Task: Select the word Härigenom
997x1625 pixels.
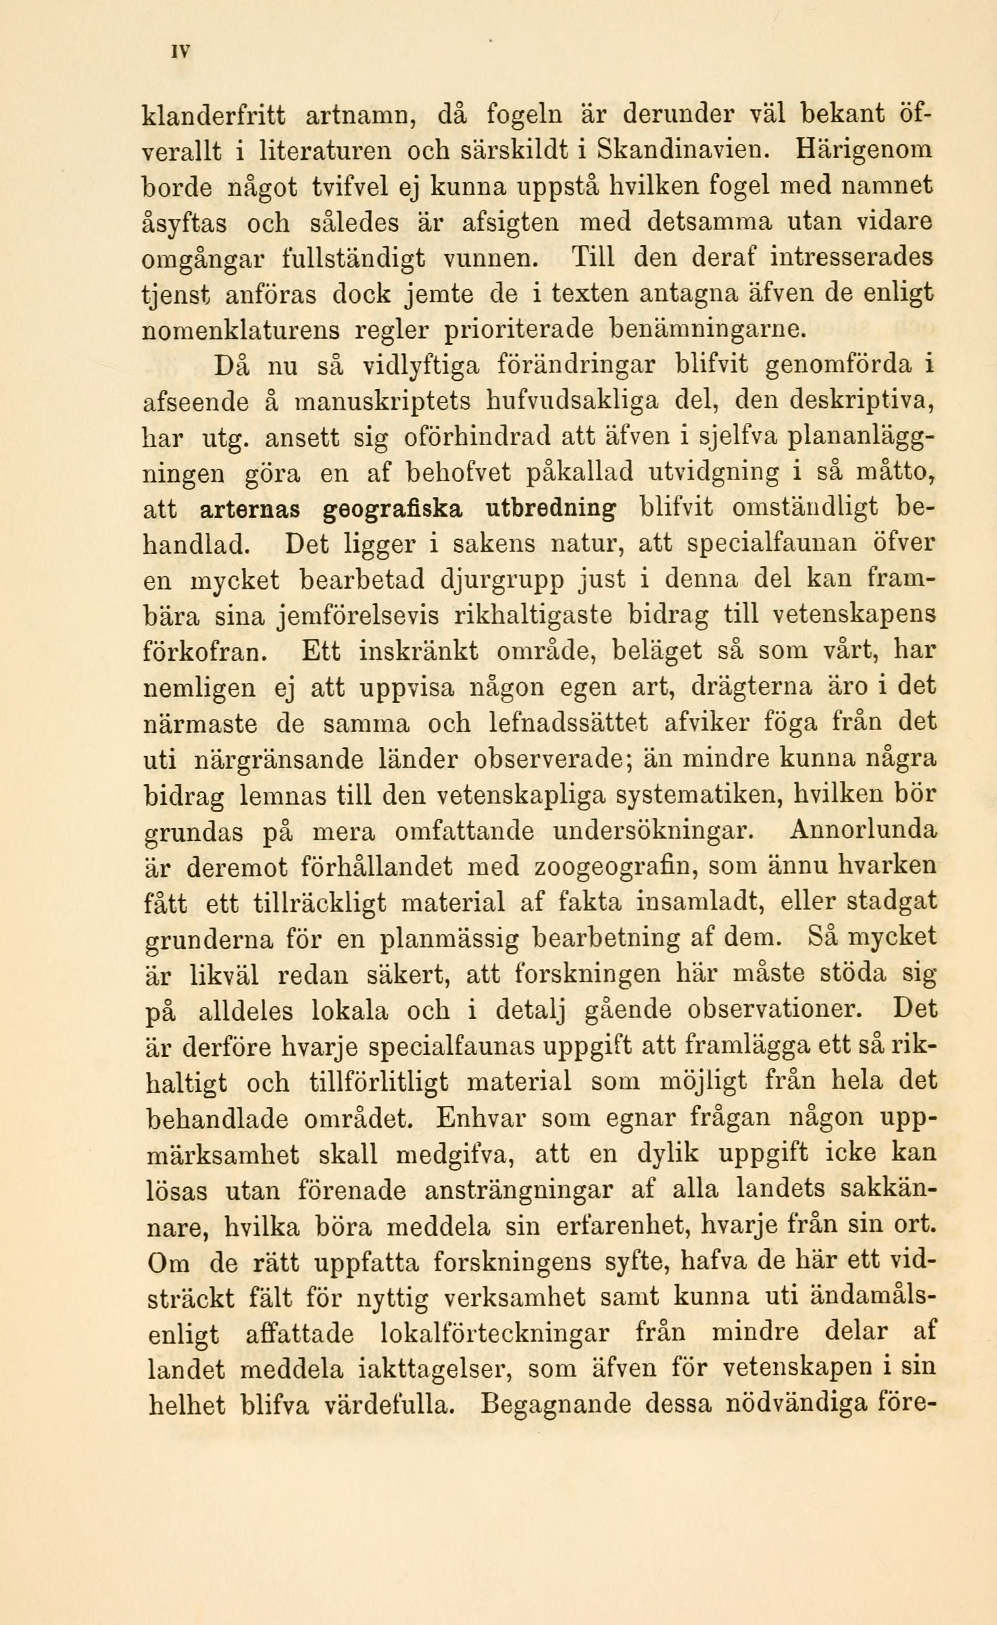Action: [865, 153]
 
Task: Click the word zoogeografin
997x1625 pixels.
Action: [615, 867]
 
